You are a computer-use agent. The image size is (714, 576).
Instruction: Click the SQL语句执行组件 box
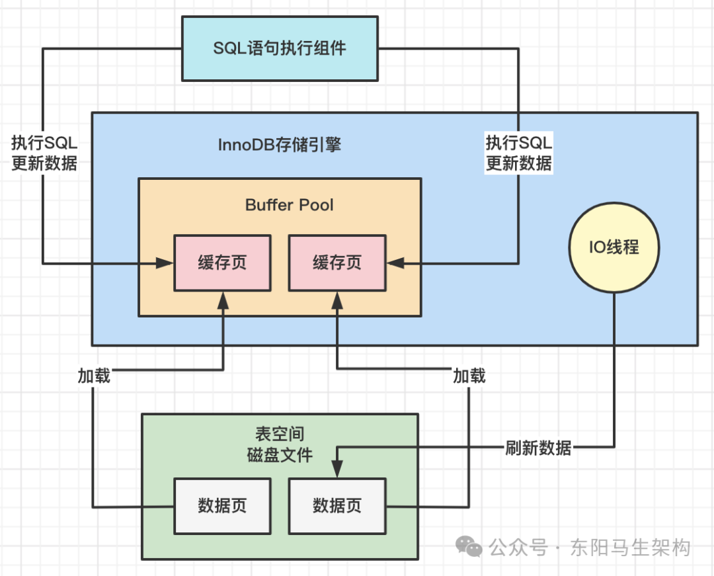point(280,49)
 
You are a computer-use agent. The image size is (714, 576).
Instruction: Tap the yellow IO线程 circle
point(614,247)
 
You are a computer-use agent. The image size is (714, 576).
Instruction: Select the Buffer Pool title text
point(289,205)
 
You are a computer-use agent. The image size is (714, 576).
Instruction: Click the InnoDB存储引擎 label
point(279,145)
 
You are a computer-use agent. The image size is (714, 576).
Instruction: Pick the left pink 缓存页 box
point(222,263)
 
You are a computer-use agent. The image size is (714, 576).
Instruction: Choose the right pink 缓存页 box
point(337,263)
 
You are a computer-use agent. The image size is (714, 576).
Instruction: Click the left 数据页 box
point(222,506)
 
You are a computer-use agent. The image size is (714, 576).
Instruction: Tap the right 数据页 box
point(337,506)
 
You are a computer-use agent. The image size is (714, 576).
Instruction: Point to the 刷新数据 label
point(538,448)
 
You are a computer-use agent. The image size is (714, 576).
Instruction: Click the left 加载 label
point(94,376)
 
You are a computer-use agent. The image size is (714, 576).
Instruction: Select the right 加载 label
point(469,376)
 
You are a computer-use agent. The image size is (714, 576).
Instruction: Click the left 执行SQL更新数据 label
point(44,153)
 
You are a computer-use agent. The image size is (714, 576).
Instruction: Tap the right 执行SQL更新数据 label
point(519,153)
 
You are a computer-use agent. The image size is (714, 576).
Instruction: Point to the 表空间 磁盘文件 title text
point(280,445)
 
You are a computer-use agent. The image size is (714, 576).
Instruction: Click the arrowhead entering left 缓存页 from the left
point(165,263)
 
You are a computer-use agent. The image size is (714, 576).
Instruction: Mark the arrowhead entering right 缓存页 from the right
point(395,263)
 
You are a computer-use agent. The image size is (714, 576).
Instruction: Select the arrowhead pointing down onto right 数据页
point(337,469)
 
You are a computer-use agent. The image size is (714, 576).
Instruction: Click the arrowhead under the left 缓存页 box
point(223,300)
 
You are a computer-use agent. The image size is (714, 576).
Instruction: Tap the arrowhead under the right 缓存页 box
point(337,300)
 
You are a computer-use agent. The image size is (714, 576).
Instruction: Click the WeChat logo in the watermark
point(469,546)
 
